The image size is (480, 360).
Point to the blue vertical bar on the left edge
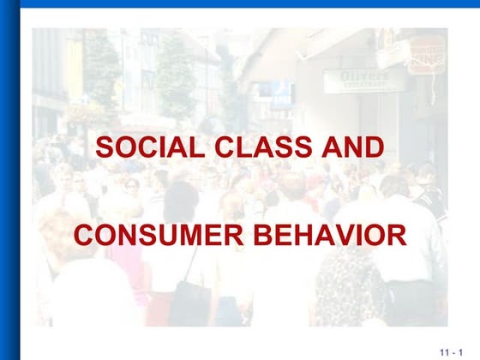pos(9,180)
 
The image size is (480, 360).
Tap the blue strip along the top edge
pos(240,3)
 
